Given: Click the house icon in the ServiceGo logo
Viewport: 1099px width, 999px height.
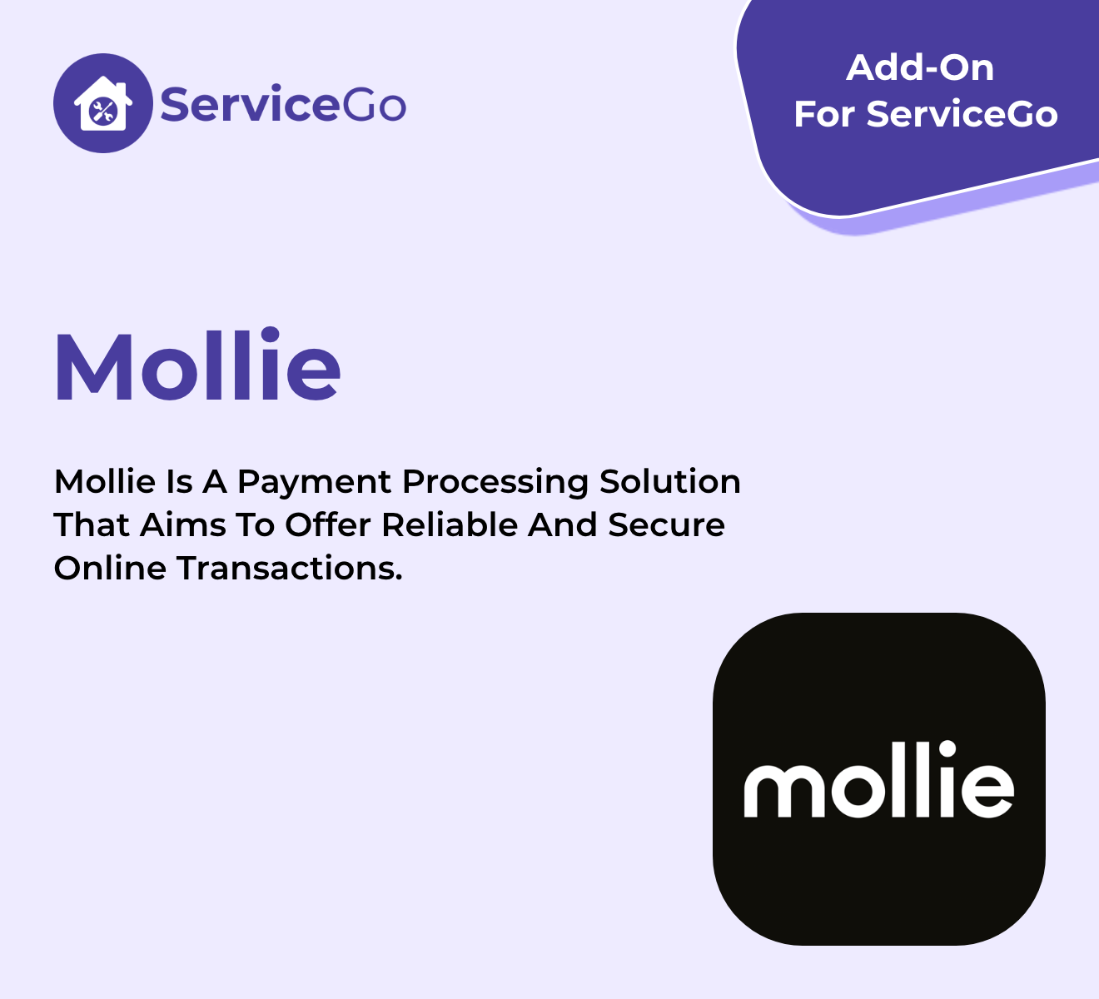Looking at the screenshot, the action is point(103,103).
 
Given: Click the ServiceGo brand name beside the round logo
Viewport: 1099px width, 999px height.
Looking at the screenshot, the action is point(283,103).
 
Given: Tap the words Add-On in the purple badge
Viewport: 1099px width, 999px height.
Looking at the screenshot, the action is point(920,68).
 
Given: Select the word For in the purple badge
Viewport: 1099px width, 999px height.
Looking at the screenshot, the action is point(824,114).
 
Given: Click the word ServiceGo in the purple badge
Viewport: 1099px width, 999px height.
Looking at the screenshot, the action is point(962,114).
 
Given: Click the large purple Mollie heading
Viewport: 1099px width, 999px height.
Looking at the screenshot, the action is point(197,365).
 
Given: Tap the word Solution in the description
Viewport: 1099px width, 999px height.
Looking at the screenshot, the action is point(669,482).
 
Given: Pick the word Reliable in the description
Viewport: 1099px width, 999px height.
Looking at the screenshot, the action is point(450,525).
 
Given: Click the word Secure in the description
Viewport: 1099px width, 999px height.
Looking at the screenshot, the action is point(666,525).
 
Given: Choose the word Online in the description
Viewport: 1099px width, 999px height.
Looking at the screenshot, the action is point(110,568).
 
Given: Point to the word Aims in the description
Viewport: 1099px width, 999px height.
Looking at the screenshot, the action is point(182,525).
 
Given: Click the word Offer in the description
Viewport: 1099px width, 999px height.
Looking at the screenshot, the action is point(327,525).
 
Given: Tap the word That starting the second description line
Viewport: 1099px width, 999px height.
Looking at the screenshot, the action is point(91,525).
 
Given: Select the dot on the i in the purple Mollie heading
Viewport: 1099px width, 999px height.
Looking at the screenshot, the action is point(270,336).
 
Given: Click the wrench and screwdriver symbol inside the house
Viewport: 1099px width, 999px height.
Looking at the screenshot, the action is point(102,112).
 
